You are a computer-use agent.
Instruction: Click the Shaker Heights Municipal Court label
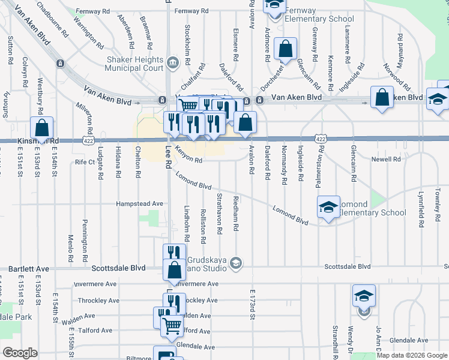[134, 64]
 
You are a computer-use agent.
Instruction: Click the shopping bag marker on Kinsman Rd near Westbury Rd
[41, 128]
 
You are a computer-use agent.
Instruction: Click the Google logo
[20, 353]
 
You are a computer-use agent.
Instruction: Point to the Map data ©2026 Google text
[412, 355]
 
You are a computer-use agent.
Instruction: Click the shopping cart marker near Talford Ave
[172, 326]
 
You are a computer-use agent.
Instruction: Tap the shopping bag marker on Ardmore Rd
[286, 49]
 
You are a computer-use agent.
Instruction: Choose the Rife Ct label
[85, 162]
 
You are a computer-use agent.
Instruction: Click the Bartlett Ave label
[29, 269]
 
